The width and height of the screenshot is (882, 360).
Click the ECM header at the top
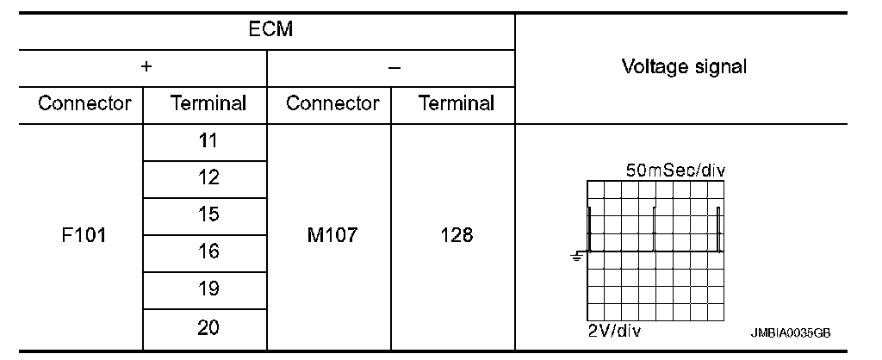tap(270, 30)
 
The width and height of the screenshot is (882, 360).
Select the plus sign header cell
tap(146, 66)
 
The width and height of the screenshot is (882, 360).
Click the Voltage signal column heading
tap(684, 67)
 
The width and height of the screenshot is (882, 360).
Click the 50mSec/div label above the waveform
tap(675, 171)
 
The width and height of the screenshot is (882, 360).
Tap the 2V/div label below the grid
tap(614, 330)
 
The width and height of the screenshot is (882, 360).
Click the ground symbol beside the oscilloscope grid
tap(577, 257)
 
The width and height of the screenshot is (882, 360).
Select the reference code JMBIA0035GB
tap(791, 333)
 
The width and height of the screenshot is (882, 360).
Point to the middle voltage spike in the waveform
tap(655, 229)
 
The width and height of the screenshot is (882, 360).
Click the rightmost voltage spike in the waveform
tap(718, 229)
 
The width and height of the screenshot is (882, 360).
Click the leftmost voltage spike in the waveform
tap(589, 229)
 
